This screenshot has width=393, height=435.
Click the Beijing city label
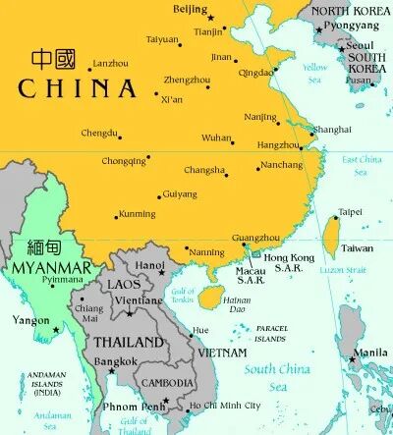190,9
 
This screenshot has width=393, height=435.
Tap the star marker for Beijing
210,17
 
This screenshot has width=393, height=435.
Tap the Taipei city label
350,212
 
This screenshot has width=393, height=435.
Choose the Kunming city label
136,213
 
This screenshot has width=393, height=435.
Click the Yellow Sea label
315,73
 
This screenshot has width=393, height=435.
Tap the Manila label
369,353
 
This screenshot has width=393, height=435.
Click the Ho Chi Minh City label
226,405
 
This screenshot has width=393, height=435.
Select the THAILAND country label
128,343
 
